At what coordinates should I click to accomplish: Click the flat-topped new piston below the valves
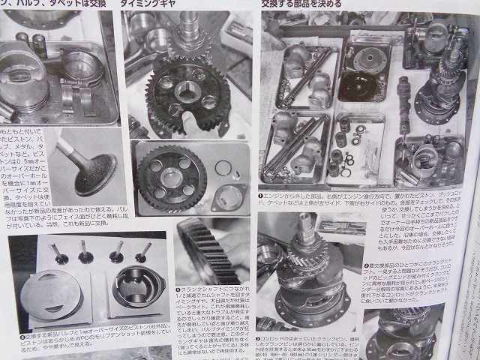tap(55, 289)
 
